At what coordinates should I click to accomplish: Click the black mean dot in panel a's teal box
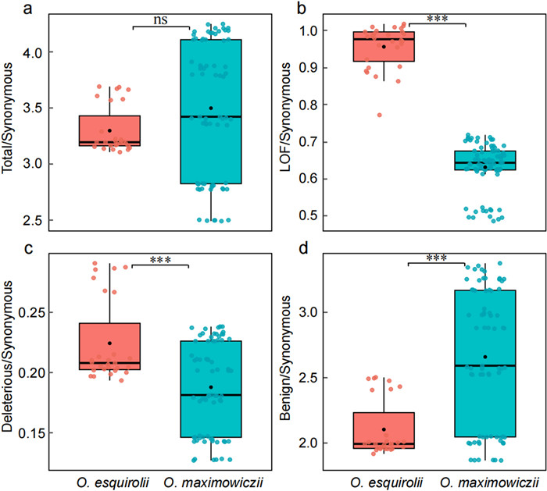(211, 108)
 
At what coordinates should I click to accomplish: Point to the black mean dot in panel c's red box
(109, 343)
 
